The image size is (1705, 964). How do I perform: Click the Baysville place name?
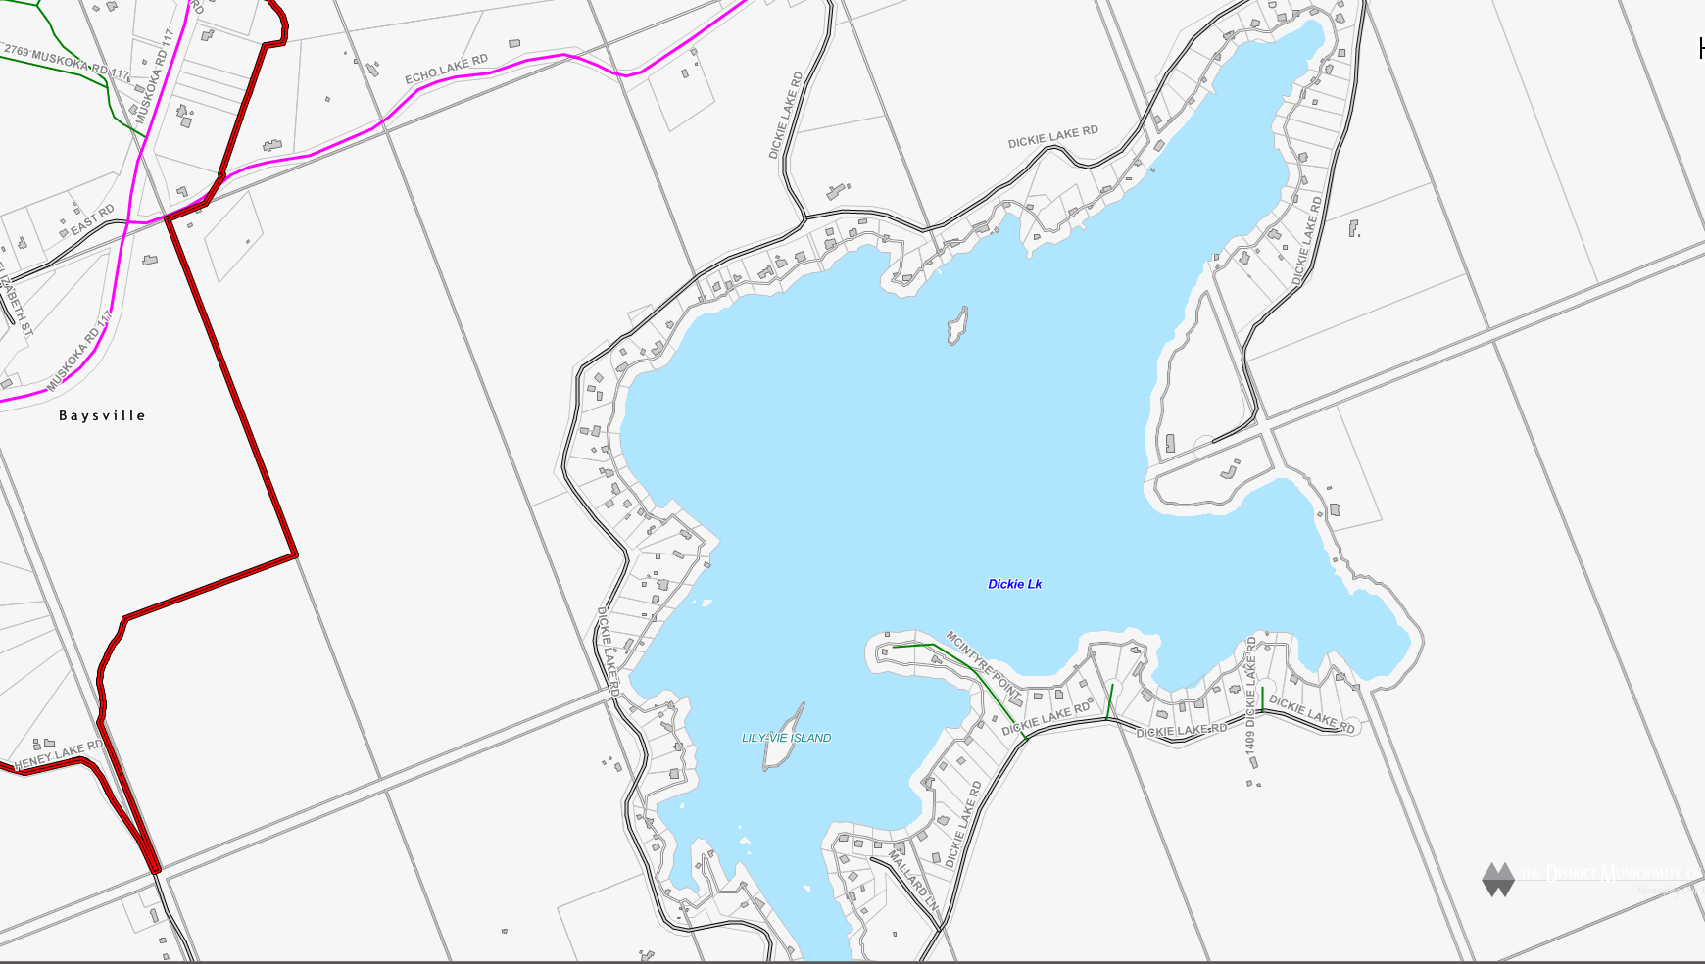[x=102, y=415]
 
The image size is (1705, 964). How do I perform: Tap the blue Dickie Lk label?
[x=1014, y=584]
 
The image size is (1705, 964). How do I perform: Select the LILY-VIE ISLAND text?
[x=786, y=738]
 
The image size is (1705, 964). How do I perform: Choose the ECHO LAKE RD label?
[x=446, y=70]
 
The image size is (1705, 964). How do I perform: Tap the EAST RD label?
[x=92, y=219]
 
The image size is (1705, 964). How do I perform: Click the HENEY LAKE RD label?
[x=59, y=754]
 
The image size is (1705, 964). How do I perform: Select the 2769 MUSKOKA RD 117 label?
[x=66, y=61]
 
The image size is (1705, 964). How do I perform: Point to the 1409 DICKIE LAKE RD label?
[x=1250, y=696]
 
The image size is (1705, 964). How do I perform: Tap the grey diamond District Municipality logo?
[x=1498, y=879]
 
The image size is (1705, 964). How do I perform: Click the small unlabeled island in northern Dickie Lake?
[x=957, y=326]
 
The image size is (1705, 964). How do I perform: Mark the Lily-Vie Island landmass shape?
[x=785, y=736]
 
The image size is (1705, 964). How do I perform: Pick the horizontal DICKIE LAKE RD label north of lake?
[x=1052, y=137]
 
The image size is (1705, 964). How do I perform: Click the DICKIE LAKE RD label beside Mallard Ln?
[x=963, y=823]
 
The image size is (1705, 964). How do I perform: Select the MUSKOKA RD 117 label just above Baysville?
[x=78, y=351]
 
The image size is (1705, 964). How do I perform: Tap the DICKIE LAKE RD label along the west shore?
[x=609, y=651]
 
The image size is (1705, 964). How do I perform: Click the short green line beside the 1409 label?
[x=1262, y=699]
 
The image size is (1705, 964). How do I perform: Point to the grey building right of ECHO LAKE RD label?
[x=514, y=43]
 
